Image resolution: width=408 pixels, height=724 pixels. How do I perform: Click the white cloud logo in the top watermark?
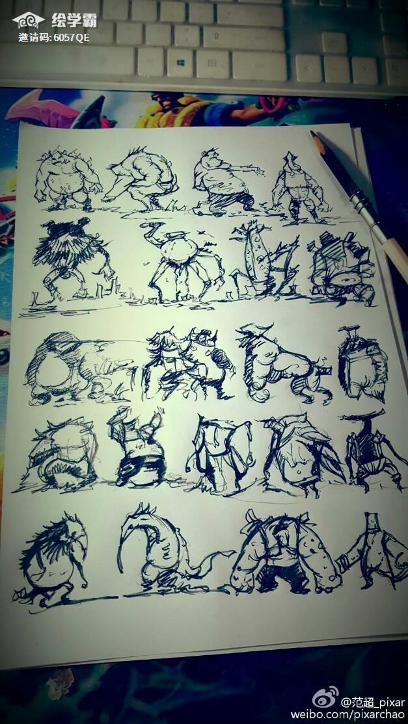(x=29, y=20)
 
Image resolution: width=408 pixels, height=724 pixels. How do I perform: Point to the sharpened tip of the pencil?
(x=313, y=133)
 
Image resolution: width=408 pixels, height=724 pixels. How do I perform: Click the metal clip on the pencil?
(x=365, y=206)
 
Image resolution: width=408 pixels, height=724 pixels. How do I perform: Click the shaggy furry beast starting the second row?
(x=71, y=259)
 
